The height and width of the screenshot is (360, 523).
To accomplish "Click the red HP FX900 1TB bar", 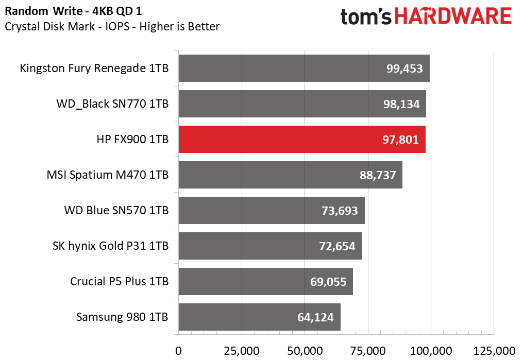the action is (302, 140).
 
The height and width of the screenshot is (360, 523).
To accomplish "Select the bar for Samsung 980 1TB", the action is (260, 317).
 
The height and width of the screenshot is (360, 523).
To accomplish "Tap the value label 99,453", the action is (404, 68).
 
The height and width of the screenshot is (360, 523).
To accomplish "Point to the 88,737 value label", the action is (378, 175).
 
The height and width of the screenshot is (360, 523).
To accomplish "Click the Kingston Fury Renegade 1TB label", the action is (94, 68).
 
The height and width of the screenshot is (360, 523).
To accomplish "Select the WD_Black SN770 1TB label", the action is (112, 104).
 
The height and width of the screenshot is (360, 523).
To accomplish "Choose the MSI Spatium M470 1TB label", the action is (107, 175).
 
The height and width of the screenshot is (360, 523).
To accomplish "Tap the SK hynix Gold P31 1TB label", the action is (110, 246).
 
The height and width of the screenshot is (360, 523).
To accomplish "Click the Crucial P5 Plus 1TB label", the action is (119, 282).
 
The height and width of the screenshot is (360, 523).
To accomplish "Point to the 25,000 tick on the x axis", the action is (242, 351).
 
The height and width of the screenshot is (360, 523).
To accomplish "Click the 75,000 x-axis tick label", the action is (368, 351).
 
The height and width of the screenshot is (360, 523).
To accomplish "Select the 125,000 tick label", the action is (494, 351).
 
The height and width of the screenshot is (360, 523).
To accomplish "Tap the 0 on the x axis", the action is (178, 351).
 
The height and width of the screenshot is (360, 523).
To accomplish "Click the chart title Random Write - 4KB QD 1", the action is (73, 11).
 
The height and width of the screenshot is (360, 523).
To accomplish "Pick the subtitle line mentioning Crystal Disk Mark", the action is (112, 27).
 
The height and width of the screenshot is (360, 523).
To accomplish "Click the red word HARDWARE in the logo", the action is (453, 16).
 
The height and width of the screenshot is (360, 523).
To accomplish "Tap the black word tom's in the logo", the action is (366, 16).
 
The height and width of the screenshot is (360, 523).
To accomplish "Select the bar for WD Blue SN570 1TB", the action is (272, 210).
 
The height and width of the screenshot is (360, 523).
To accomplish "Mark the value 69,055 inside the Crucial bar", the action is (328, 282).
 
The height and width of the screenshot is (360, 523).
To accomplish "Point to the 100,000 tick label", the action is (431, 351).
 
